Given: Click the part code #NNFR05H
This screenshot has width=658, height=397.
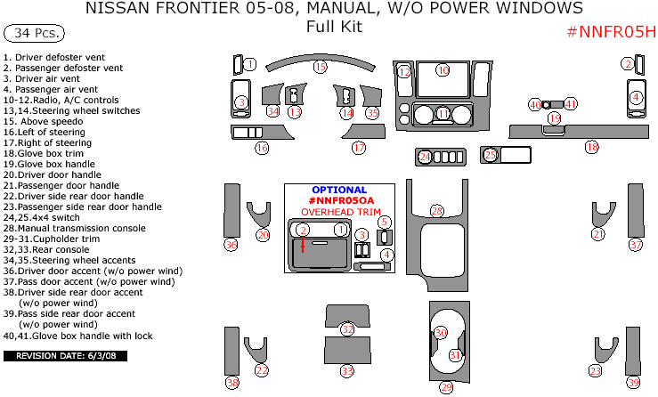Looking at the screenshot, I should [611, 33].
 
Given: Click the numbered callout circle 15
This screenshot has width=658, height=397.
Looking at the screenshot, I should [320, 68].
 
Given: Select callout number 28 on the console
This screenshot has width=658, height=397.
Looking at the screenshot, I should [437, 211].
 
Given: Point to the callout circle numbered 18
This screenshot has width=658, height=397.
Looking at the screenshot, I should [591, 147].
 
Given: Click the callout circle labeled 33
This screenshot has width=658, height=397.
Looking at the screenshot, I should [347, 370].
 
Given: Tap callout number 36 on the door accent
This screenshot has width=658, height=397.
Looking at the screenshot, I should [232, 245].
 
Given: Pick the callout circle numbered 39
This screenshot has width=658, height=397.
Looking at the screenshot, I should [633, 383].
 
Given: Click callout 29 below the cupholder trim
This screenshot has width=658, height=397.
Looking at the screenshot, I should [446, 387].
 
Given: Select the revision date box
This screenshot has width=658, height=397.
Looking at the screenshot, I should [67, 356].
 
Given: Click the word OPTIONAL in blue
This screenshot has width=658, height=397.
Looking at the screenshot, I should [339, 190].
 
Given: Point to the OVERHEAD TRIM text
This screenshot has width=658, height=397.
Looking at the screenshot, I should [339, 213].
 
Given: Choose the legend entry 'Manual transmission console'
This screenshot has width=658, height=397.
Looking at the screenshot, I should [74, 228].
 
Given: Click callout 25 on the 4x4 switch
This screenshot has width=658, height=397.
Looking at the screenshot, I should [491, 155].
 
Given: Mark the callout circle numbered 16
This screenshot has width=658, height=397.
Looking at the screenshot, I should [262, 149].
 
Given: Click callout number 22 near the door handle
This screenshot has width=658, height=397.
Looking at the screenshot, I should [262, 370].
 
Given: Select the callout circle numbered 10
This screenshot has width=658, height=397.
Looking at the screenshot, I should [443, 69].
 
